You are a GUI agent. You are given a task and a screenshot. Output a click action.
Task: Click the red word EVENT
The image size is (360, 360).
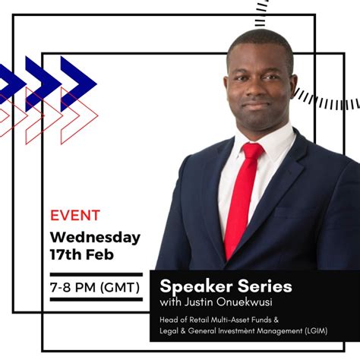[75, 216]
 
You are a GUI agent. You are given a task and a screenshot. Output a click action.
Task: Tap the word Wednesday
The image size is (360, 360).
[96, 237]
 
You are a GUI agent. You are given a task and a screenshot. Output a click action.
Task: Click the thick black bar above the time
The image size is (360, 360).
[95, 273]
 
